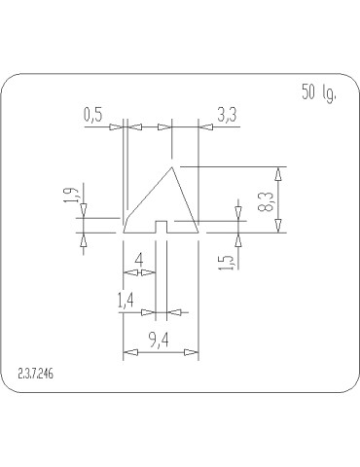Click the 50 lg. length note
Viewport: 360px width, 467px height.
tap(318, 94)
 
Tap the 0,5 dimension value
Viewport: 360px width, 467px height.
tap(94, 115)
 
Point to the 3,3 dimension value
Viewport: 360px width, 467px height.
tap(226, 115)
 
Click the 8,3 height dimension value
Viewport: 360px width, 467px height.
tap(264, 201)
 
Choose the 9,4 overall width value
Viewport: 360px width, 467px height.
tap(162, 340)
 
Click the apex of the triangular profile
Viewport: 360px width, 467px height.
tap(172, 166)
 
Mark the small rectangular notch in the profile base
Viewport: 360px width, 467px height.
tap(163, 229)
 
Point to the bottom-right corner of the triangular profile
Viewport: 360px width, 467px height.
tap(198, 233)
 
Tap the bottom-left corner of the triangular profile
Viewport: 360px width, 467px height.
tap(125, 233)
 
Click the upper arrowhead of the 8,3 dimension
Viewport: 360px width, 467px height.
tap(279, 172)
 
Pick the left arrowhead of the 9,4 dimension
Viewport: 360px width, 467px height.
tap(126, 353)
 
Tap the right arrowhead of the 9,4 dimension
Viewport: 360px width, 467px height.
tap(196, 353)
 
